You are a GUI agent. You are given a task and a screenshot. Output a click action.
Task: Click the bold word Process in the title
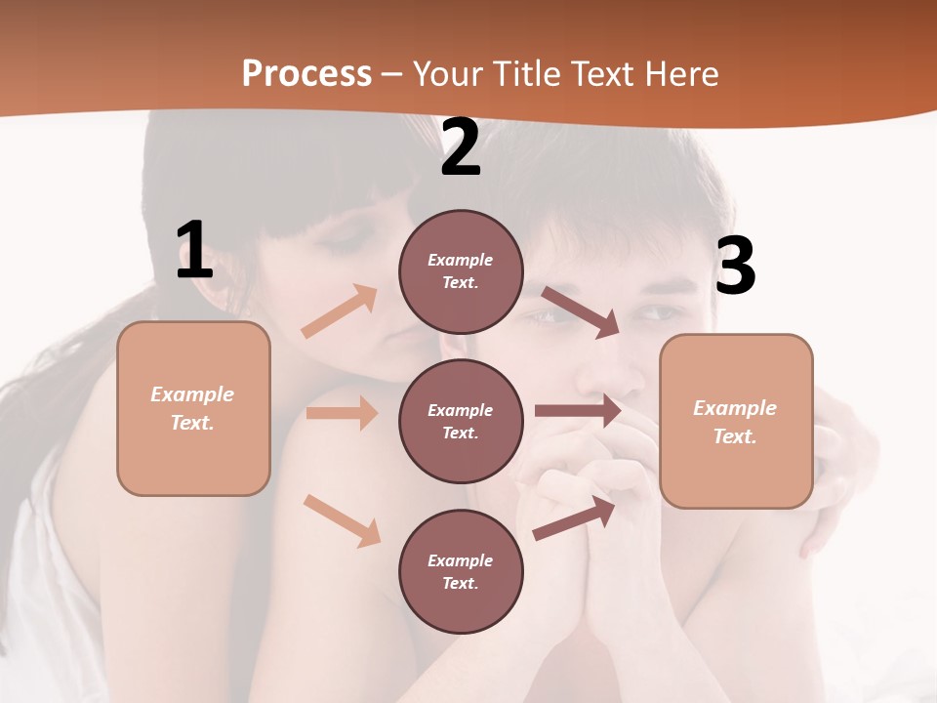[x=306, y=74]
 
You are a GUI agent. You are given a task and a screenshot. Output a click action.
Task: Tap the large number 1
[x=194, y=251]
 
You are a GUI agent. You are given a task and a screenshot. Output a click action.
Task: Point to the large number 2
[x=461, y=148]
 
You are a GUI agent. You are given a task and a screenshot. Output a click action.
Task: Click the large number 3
[x=735, y=267]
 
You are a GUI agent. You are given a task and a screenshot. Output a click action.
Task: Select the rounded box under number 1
[x=193, y=408]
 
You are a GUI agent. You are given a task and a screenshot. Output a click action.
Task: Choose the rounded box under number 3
[x=736, y=422]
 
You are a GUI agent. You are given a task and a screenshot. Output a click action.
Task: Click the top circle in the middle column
[x=461, y=271]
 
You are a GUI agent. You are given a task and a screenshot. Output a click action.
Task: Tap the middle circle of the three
[x=461, y=422]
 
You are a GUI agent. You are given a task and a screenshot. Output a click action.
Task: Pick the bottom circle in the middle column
[x=461, y=572]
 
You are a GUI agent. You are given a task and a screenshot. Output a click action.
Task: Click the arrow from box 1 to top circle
[x=340, y=311]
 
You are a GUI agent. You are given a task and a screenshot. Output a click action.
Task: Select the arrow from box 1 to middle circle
[x=342, y=413]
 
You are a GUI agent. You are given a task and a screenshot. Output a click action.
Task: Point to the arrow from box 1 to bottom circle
[x=343, y=520]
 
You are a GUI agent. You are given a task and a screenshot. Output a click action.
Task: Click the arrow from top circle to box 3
[x=581, y=311]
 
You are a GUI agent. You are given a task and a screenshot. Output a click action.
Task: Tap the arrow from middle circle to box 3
[x=578, y=411]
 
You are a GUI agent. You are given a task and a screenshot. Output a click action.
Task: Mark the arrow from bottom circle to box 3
[x=575, y=517]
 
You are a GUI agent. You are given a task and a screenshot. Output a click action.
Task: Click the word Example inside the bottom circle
[x=461, y=560]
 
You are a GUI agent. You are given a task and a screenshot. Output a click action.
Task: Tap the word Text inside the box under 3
[x=734, y=436]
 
